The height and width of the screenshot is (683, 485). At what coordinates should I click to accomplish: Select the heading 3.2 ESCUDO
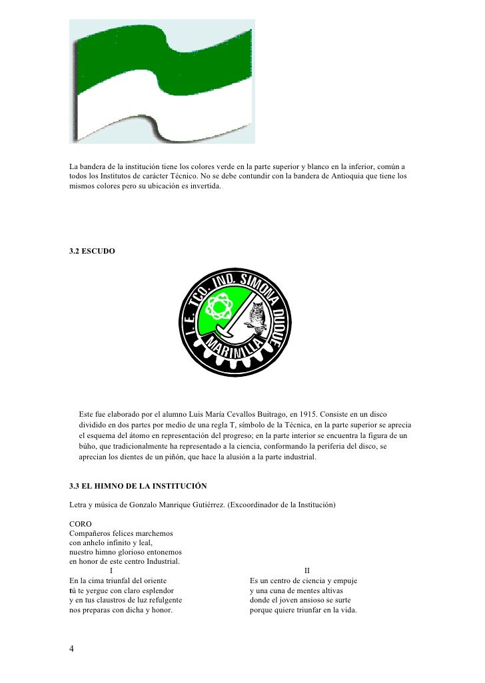click(x=93, y=253)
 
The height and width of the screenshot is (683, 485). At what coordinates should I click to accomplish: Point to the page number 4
click(x=72, y=650)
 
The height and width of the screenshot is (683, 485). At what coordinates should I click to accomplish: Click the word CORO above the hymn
click(x=81, y=525)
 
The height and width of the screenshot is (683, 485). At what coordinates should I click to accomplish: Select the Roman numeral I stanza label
click(x=111, y=570)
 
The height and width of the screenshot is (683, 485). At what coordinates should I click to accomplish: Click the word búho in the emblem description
click(x=89, y=448)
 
